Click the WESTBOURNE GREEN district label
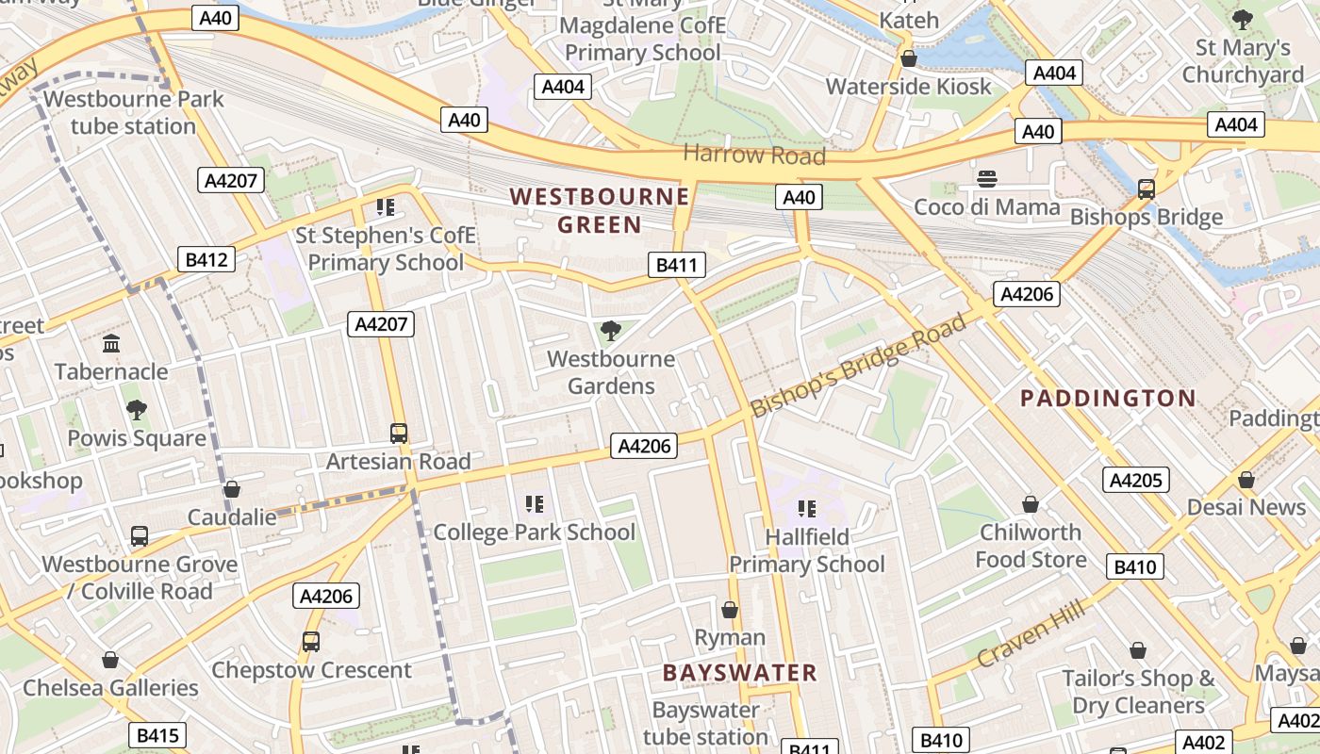click(x=600, y=210)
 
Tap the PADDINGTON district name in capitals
click(x=1108, y=398)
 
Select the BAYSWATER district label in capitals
click(x=739, y=672)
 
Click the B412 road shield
click(x=206, y=259)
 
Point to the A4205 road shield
click(x=1135, y=480)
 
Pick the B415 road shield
click(x=157, y=735)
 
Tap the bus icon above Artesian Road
click(x=399, y=434)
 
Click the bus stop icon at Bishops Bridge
click(x=1147, y=189)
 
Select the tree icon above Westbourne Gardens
click(x=610, y=330)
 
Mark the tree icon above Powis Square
click(x=137, y=409)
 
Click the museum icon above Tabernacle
click(x=111, y=343)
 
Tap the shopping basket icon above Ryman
click(x=729, y=610)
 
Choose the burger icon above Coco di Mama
click(x=987, y=179)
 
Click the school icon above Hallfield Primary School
click(x=806, y=509)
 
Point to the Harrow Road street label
click(x=754, y=155)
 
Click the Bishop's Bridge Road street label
click(x=858, y=365)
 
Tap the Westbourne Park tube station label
click(x=133, y=112)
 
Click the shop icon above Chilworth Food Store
click(x=1031, y=504)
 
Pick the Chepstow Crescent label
click(x=311, y=670)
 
